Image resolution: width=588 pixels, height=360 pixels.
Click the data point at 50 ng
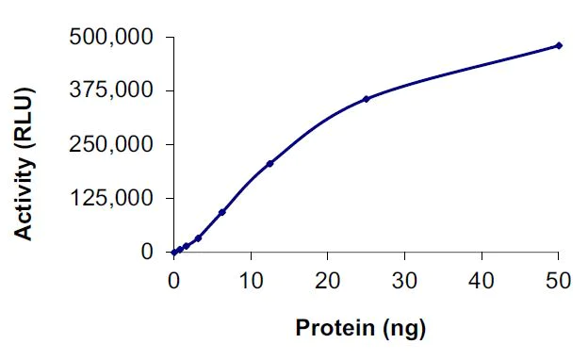pyautogui.click(x=559, y=45)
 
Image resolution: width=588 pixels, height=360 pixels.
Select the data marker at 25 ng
pyautogui.click(x=366, y=98)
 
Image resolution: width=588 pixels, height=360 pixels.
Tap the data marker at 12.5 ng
pyautogui.click(x=269, y=163)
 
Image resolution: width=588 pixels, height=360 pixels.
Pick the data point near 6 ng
pyautogui.click(x=221, y=212)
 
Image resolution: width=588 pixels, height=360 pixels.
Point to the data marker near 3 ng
pyautogui.click(x=198, y=237)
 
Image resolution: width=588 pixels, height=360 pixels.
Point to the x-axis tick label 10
pyautogui.click(x=250, y=280)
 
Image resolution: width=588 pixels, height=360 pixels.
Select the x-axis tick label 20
pyautogui.click(x=327, y=280)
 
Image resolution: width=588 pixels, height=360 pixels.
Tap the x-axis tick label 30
pyautogui.click(x=404, y=280)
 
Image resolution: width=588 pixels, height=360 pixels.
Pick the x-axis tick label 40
pyautogui.click(x=482, y=280)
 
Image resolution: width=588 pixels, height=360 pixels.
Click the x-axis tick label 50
pyautogui.click(x=558, y=280)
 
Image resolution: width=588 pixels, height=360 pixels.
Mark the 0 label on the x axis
pyautogui.click(x=173, y=280)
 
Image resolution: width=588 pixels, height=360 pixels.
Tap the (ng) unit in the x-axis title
pyautogui.click(x=406, y=330)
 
